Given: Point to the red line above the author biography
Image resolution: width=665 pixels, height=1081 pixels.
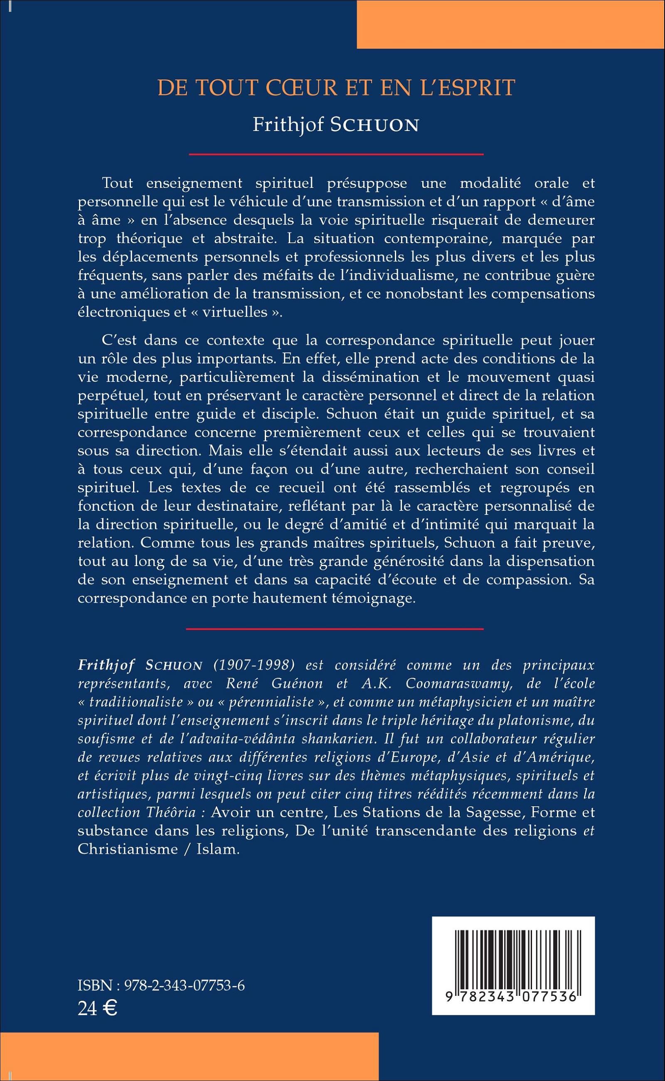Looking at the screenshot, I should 335,629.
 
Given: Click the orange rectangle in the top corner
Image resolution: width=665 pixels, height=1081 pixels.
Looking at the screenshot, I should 511,24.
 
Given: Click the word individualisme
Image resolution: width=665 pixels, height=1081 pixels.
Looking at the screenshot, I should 375,275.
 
